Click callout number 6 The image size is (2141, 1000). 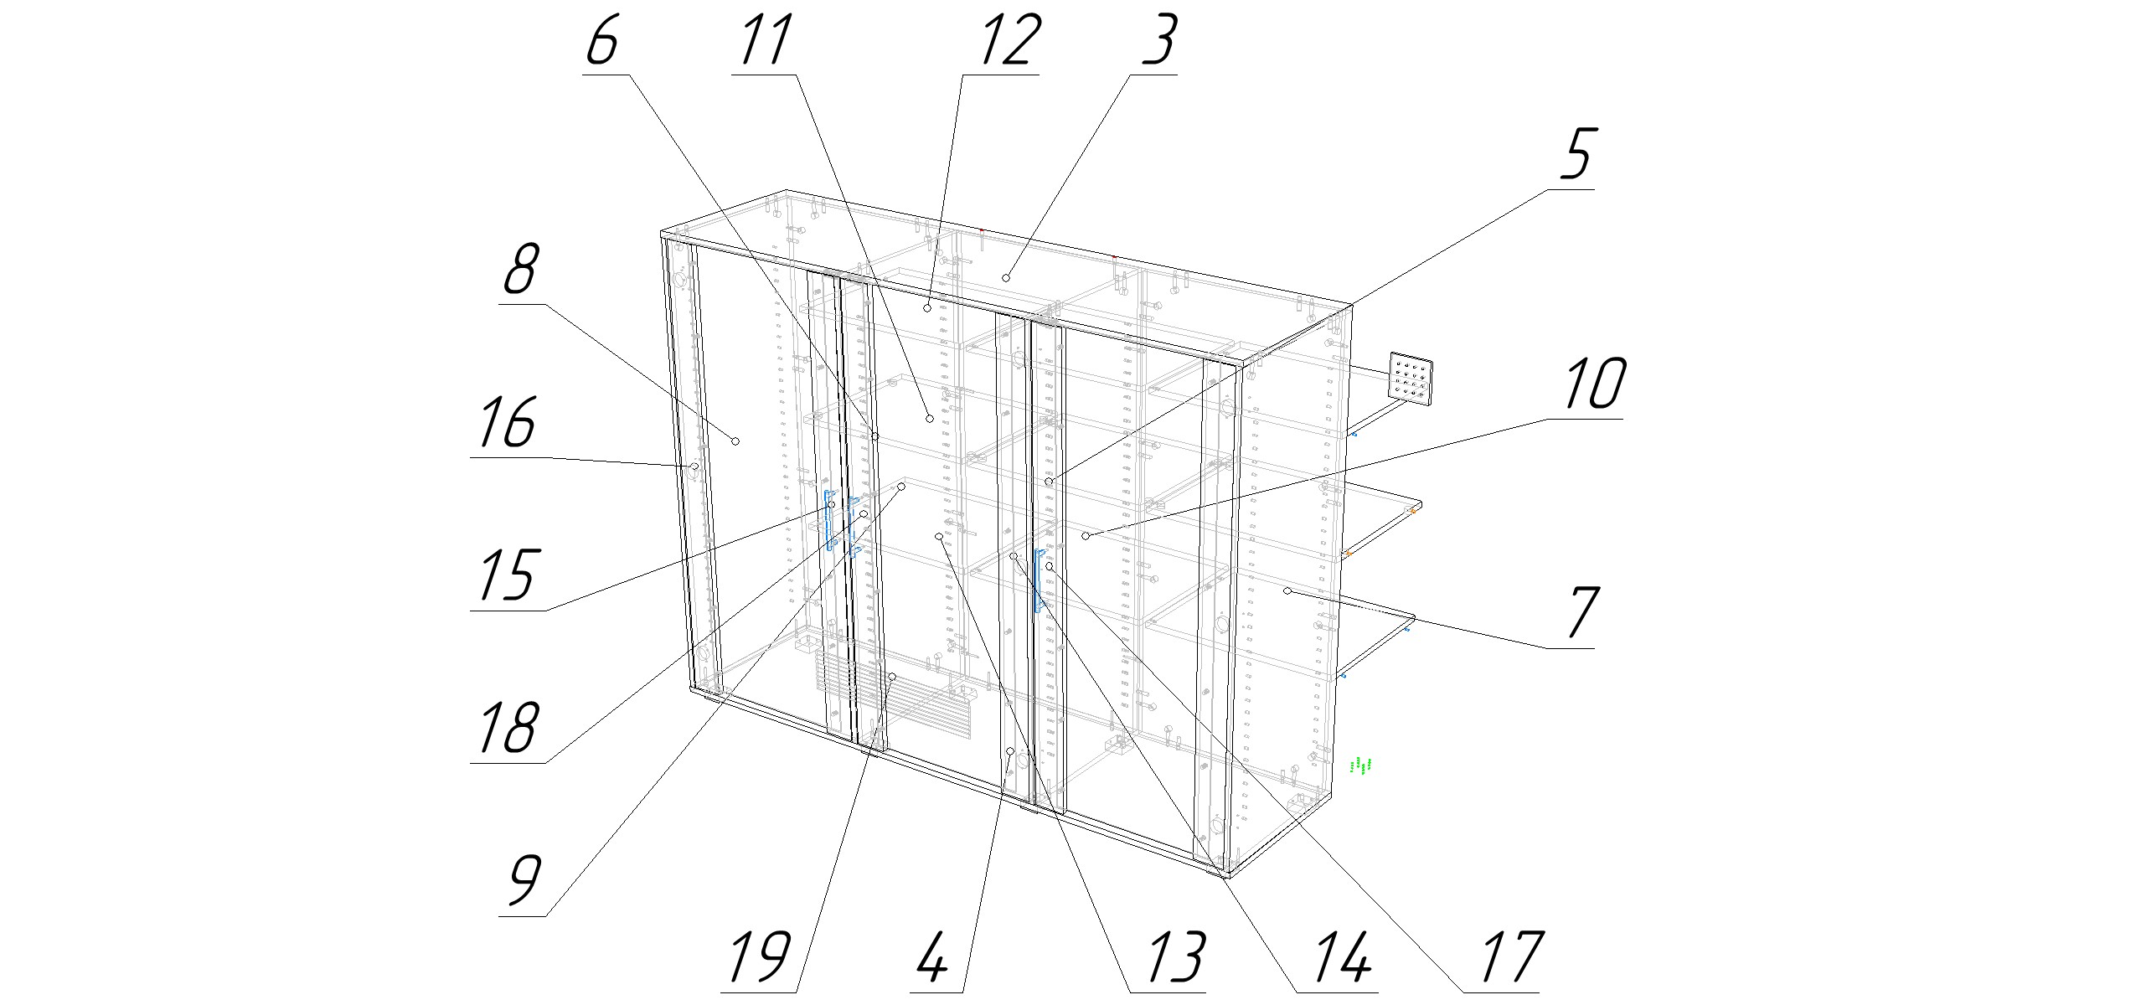pyautogui.click(x=603, y=42)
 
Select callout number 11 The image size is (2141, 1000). pyautogui.click(x=764, y=42)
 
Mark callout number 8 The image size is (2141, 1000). pyautogui.click(x=521, y=270)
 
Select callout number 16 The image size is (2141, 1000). pyautogui.click(x=508, y=423)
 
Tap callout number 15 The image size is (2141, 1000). pyautogui.click(x=508, y=575)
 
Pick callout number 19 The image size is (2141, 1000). pyautogui.click(x=759, y=958)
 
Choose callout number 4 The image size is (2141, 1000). pyautogui.click(x=931, y=958)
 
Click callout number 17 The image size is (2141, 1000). pyautogui.click(x=1509, y=958)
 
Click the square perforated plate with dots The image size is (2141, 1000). pyautogui.click(x=1411, y=381)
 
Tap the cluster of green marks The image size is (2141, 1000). pyautogui.click(x=1362, y=765)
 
